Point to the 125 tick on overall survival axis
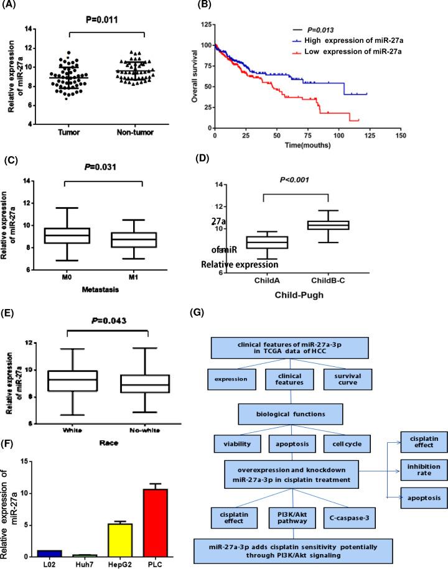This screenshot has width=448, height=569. [x=203, y=25]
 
